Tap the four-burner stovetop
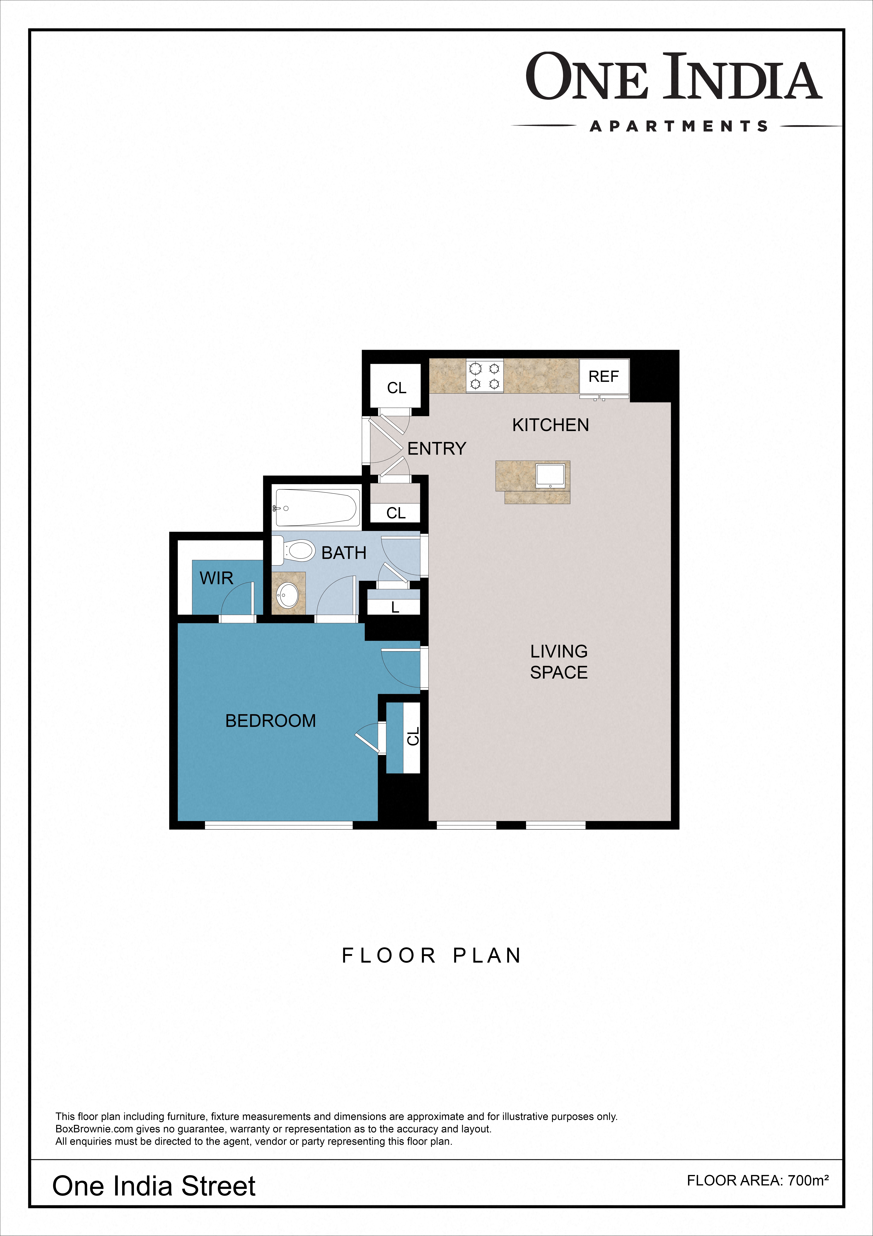pyautogui.click(x=485, y=376)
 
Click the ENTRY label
pyautogui.click(x=437, y=448)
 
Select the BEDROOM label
pyautogui.click(x=271, y=721)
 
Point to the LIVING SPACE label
pyautogui.click(x=559, y=662)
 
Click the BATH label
pyautogui.click(x=344, y=553)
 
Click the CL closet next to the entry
pyautogui.click(x=397, y=388)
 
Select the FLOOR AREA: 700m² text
pyautogui.click(x=757, y=1181)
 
